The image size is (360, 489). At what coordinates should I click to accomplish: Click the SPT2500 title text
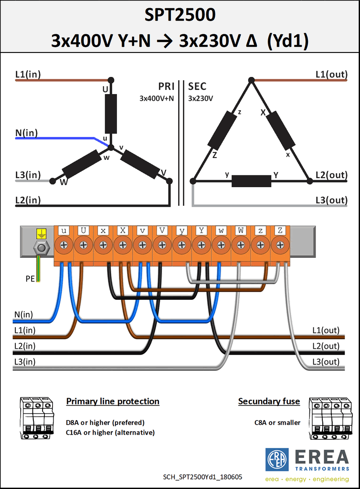(x=180, y=15)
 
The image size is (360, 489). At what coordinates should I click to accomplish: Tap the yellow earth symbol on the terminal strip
(x=41, y=234)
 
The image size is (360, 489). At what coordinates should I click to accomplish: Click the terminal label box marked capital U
(x=83, y=231)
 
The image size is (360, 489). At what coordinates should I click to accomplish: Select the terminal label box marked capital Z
(x=280, y=231)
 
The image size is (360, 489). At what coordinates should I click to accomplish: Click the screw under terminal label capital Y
(x=201, y=245)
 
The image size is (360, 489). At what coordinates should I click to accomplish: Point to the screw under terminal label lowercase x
(x=103, y=245)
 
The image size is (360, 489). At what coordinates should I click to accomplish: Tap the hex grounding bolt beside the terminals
(x=41, y=248)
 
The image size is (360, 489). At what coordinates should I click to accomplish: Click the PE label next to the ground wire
(x=30, y=278)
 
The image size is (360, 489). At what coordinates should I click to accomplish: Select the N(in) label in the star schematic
(x=26, y=133)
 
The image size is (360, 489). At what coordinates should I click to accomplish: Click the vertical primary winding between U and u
(x=111, y=114)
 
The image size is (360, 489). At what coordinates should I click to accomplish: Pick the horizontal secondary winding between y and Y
(x=251, y=181)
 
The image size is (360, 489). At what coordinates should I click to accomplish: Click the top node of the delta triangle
(x=251, y=80)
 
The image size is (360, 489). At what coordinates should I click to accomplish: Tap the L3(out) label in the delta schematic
(x=331, y=200)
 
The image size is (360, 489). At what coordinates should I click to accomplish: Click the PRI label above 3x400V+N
(x=166, y=86)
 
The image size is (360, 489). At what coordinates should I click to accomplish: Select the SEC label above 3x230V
(x=197, y=86)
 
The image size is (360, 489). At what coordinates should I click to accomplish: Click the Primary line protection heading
(x=113, y=401)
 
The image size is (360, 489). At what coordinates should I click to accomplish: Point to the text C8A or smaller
(x=277, y=423)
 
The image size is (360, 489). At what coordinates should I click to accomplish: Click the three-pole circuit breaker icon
(x=37, y=418)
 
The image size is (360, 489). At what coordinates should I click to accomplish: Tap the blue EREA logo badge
(x=277, y=460)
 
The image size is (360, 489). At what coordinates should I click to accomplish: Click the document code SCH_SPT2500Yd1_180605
(x=202, y=477)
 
